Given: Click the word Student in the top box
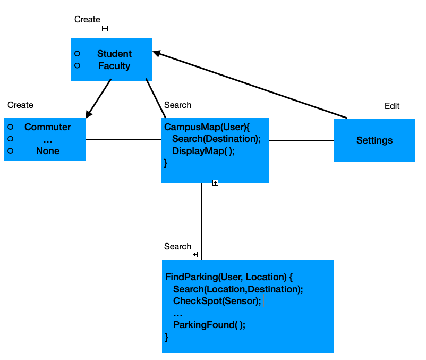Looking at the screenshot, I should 114,54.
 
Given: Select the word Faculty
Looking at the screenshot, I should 114,66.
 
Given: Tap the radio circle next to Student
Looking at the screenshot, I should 77,54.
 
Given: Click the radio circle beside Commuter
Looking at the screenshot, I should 10,127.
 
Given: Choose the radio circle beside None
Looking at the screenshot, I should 10,151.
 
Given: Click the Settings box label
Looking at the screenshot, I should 374,140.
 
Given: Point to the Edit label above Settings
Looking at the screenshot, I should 392,106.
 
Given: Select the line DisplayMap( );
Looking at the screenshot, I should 203,151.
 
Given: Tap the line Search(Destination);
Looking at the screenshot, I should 217,139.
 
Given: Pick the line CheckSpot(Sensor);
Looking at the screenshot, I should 217,301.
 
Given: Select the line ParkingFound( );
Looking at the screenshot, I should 209,325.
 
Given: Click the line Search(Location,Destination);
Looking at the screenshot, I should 238,289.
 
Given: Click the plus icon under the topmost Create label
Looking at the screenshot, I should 105,29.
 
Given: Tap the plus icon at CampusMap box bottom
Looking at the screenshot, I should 215,183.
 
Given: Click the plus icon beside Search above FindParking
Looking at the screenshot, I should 194,255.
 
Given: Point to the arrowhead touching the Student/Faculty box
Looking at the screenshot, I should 157,53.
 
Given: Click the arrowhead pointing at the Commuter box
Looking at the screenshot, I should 89,113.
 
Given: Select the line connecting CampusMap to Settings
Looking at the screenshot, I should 302,141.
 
